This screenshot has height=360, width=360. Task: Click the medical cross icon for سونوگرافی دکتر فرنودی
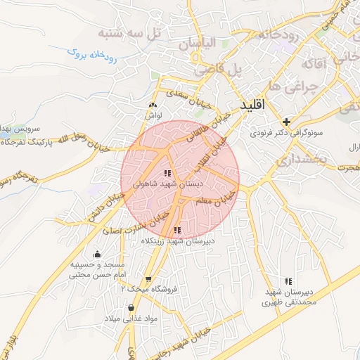point(286,121)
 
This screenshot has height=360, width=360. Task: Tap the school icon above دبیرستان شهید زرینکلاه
point(177,230)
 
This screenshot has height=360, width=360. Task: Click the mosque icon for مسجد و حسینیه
point(97,254)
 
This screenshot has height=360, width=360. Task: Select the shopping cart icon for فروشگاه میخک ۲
point(148,278)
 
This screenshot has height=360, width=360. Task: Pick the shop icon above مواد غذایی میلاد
point(131,308)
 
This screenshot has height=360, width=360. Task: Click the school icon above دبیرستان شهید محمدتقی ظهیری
point(286,281)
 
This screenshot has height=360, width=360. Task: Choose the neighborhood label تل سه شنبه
point(128,33)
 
